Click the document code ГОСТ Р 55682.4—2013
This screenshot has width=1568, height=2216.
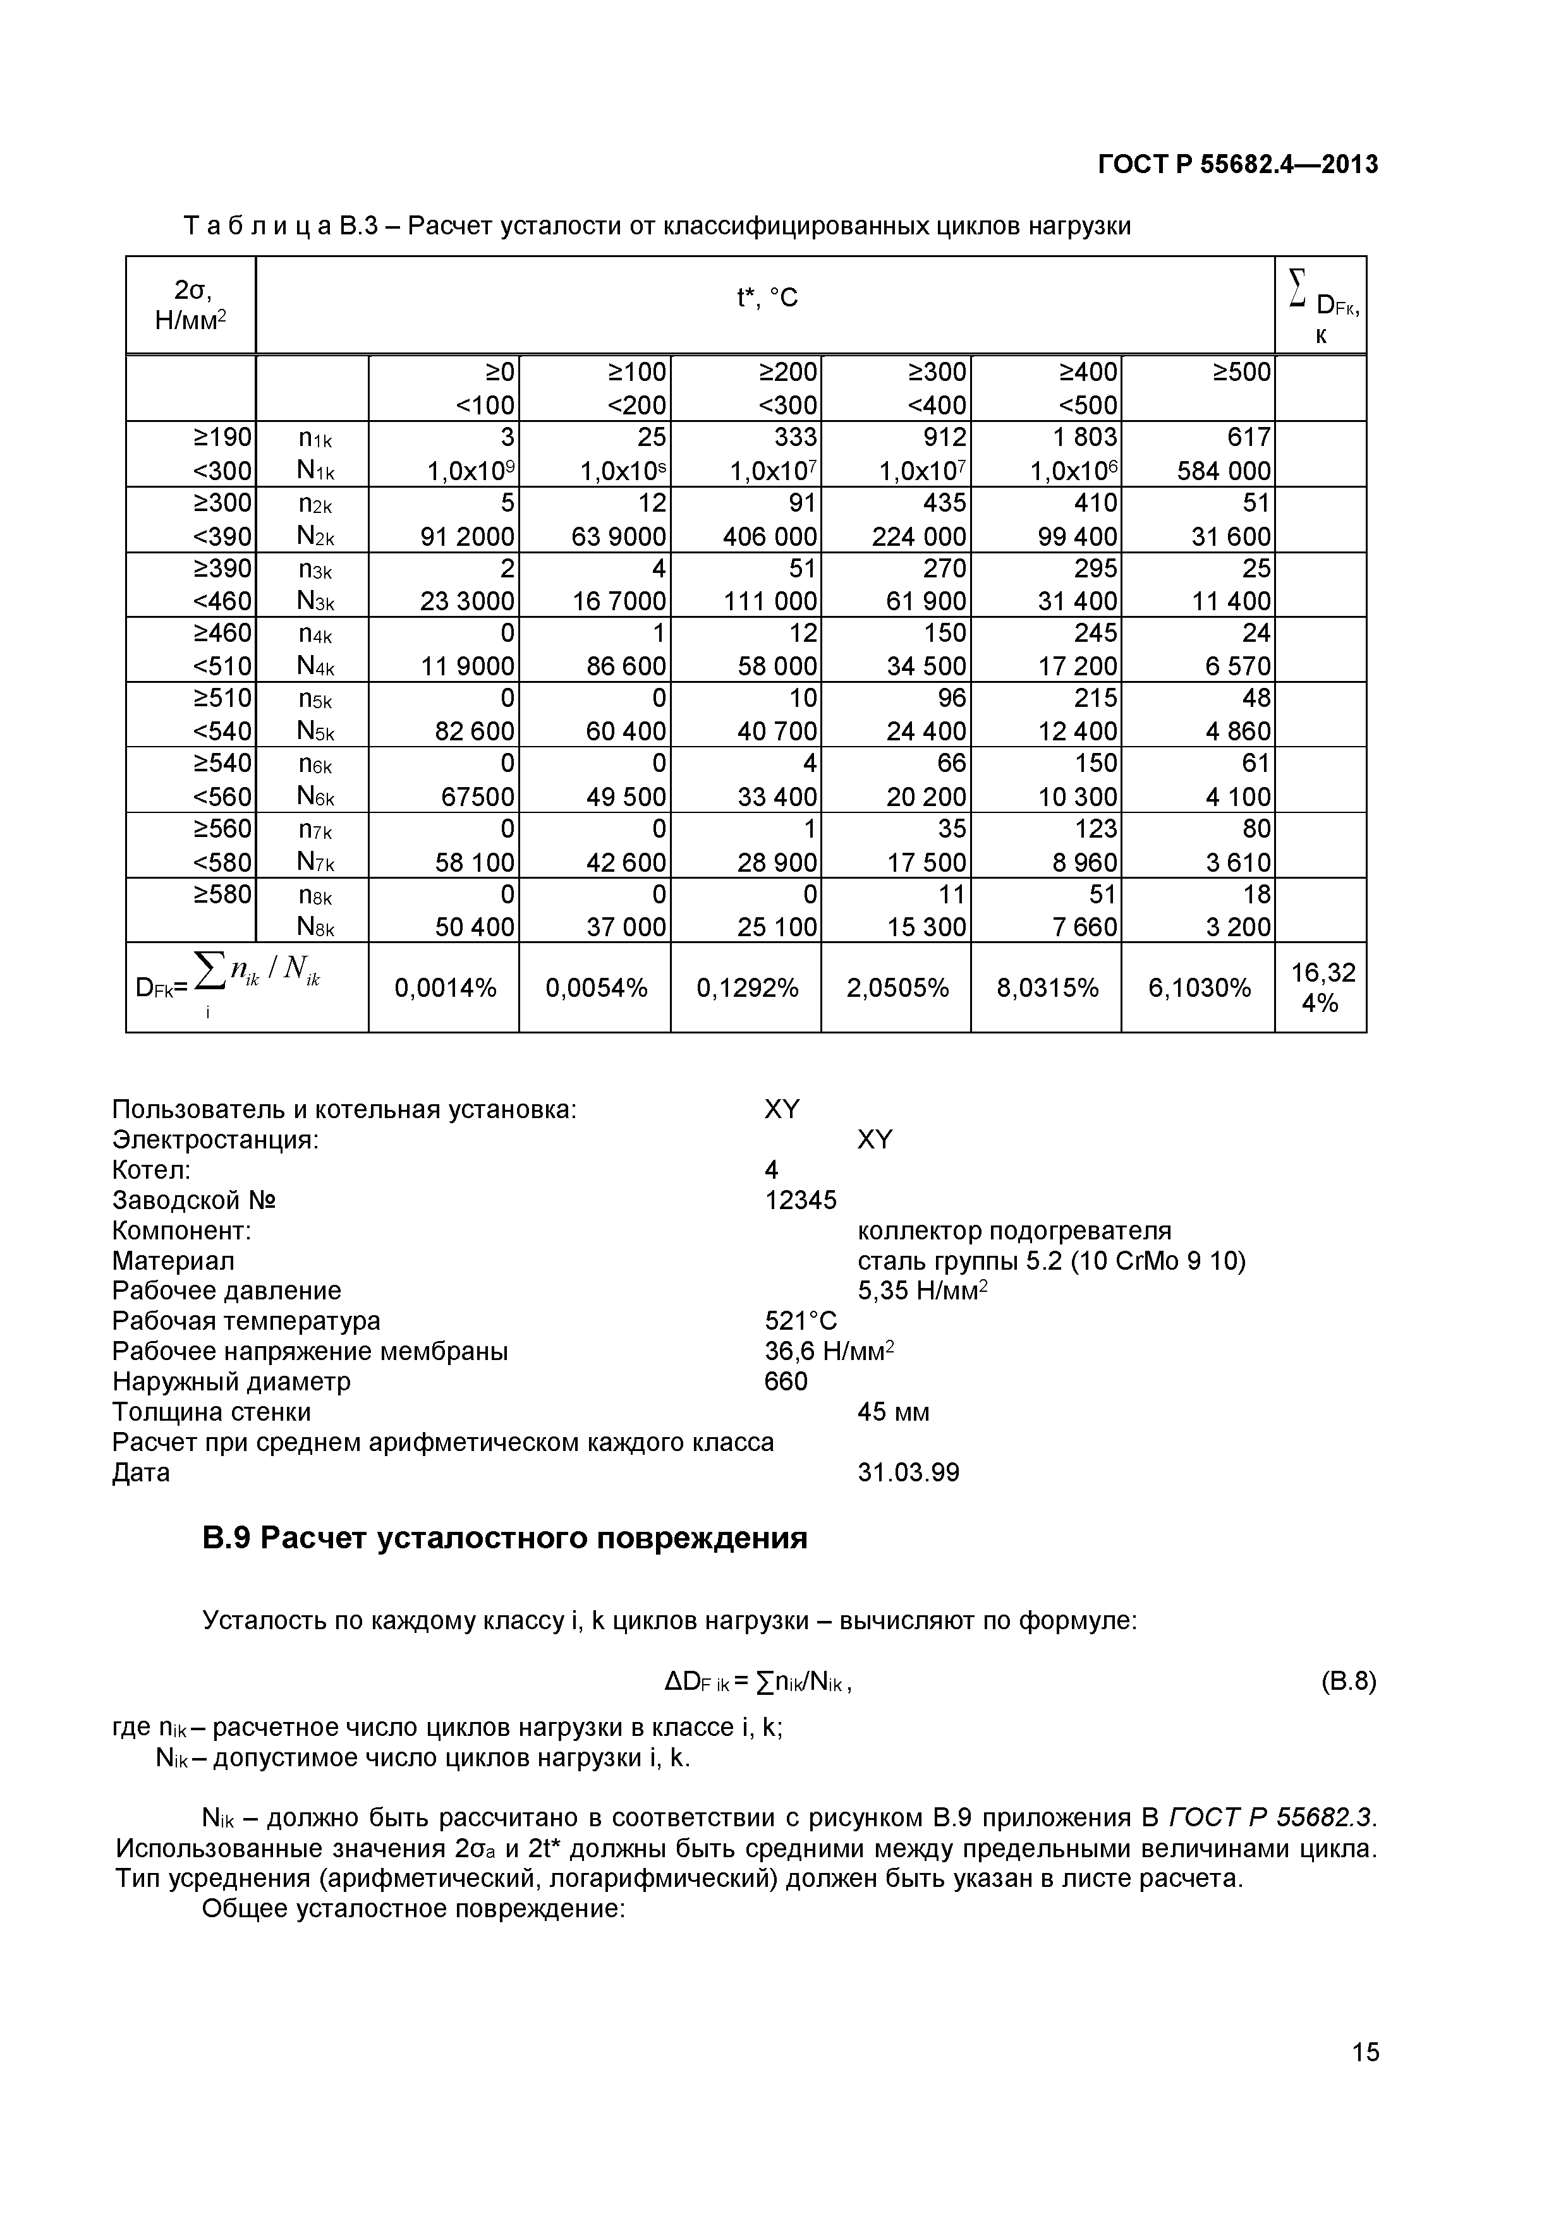pyautogui.click(x=1238, y=165)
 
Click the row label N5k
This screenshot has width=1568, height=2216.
pyautogui.click(x=316, y=732)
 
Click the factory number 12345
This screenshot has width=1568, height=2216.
pyautogui.click(x=800, y=1200)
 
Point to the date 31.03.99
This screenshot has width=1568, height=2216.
pyautogui.click(x=908, y=1472)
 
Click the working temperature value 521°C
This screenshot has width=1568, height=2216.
pyautogui.click(x=800, y=1320)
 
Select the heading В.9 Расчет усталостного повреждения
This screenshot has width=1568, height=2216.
pyautogui.click(x=504, y=1538)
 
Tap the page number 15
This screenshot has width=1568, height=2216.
pyautogui.click(x=1365, y=2079)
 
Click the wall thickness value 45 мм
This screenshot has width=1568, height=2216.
pyautogui.click(x=893, y=1412)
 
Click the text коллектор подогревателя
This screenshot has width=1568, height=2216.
pyautogui.click(x=1014, y=1231)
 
